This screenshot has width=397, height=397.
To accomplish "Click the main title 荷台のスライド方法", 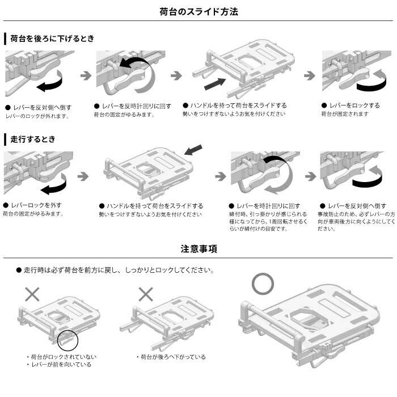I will click(198, 11).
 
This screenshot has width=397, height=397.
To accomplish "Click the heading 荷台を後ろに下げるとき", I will click(52, 39).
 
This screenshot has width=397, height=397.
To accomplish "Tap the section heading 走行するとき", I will click(33, 139).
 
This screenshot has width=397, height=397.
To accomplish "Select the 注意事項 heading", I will click(198, 249).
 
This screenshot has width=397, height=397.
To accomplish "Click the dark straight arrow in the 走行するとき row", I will click(193, 150).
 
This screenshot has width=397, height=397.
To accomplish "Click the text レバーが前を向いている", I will click(61, 365).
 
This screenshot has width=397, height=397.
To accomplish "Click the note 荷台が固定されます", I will click(344, 114).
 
